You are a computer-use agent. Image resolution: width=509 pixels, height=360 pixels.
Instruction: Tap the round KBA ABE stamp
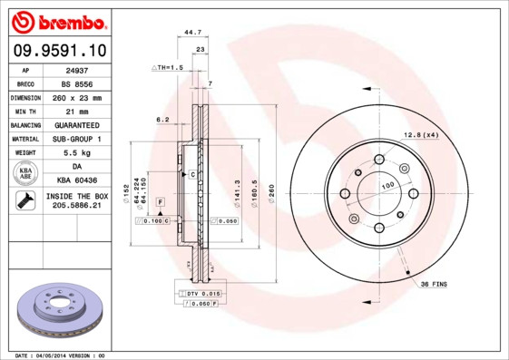point(25,174)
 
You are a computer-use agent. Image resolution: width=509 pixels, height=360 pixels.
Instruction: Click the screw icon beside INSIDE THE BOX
point(25,201)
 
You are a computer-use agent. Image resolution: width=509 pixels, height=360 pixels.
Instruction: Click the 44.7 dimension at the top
point(192,32)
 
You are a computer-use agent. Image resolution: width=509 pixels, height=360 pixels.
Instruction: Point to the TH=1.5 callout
point(170,68)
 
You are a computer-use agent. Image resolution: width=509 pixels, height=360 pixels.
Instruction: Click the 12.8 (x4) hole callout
point(422,135)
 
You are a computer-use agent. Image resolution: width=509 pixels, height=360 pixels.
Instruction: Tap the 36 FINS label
point(436,286)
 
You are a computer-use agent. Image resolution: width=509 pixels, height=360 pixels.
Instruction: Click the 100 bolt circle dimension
point(387,186)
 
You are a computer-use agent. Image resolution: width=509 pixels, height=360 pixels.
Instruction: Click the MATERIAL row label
point(25,139)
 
